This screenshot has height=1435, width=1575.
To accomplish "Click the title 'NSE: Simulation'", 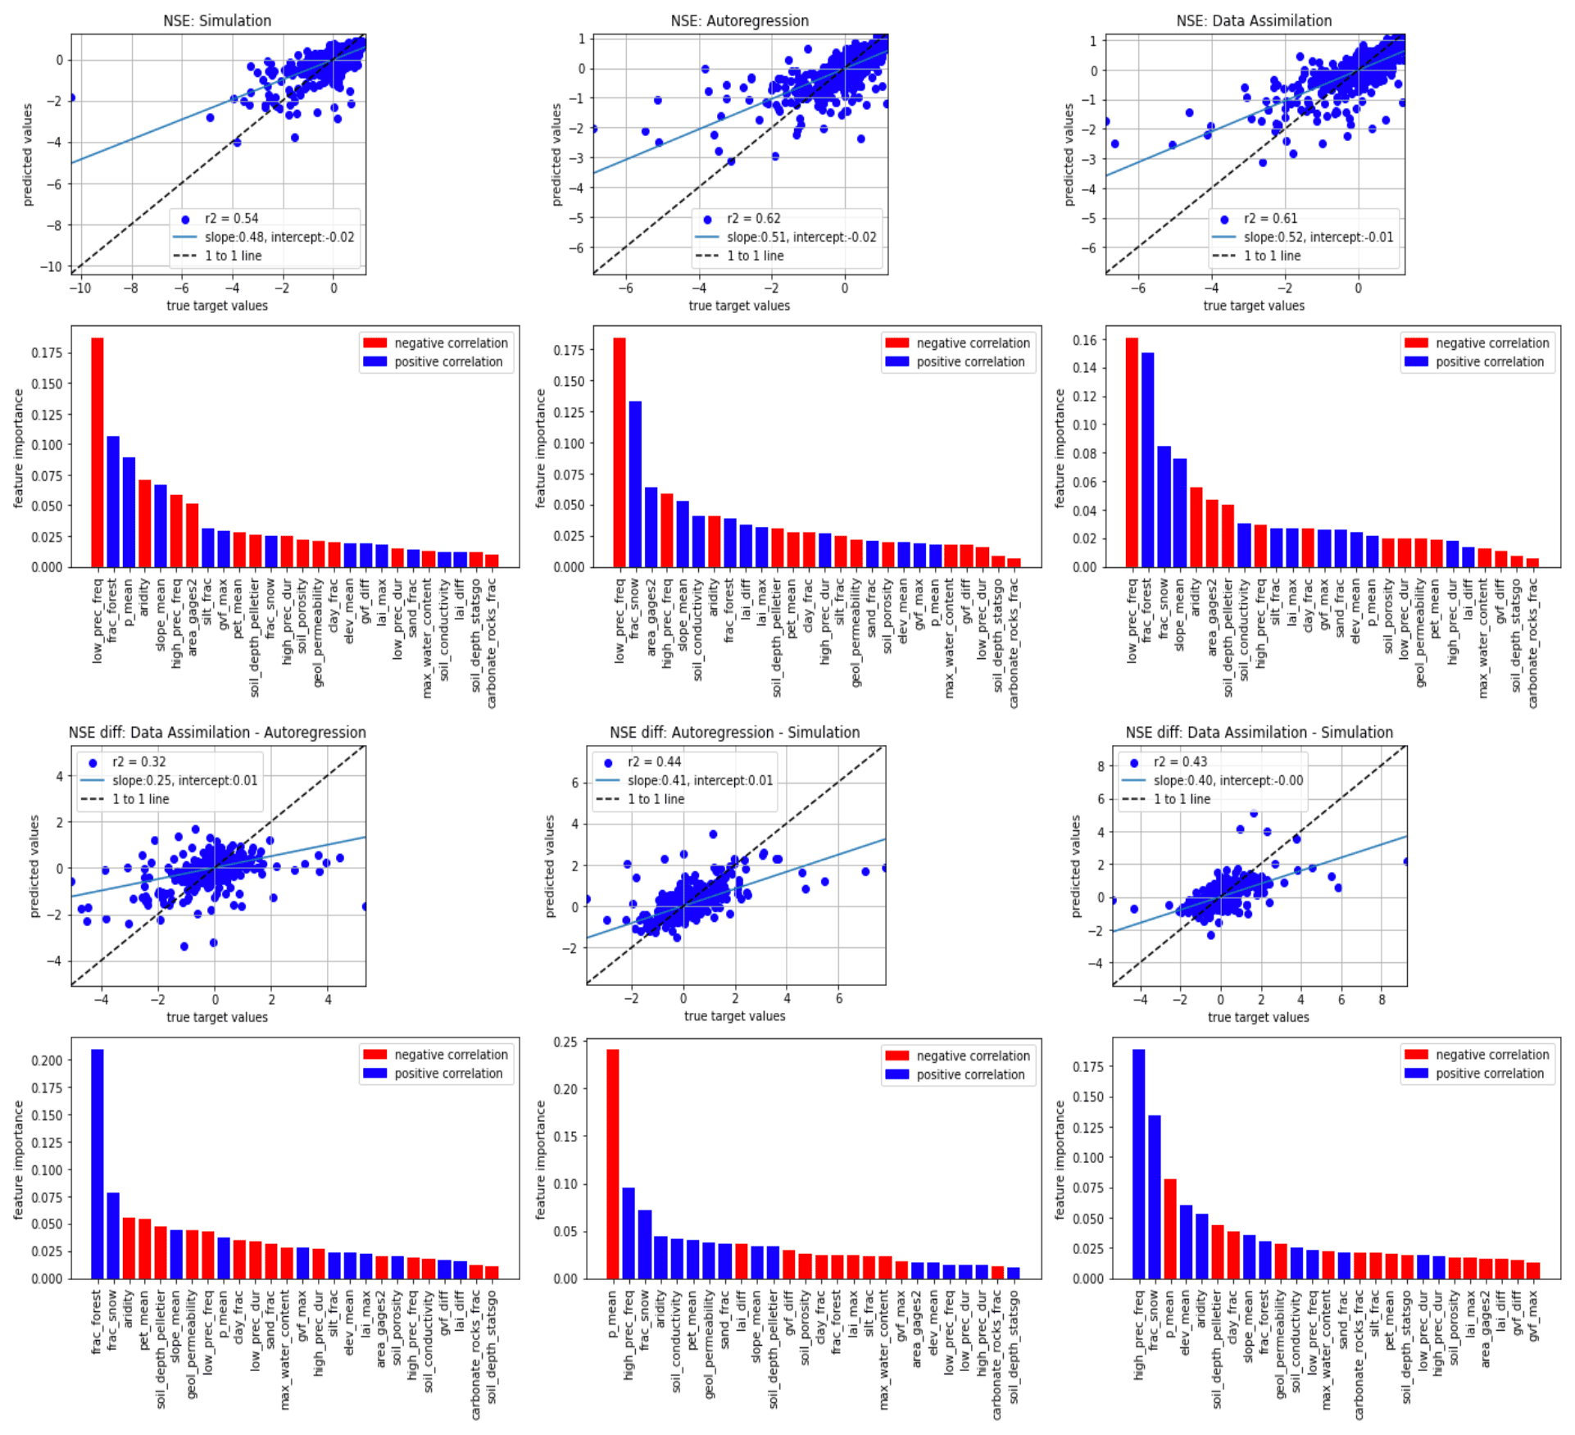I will [217, 20].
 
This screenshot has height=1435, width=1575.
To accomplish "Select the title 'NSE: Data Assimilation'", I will [1254, 20].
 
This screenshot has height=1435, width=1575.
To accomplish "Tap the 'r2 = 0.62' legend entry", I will [753, 219].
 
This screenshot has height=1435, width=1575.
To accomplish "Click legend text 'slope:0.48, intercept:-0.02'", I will [279, 238].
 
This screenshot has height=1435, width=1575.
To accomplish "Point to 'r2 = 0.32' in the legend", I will [138, 762].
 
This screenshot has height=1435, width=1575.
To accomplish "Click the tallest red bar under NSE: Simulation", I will [98, 451].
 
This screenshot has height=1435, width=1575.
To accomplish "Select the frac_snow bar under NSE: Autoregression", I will [635, 484].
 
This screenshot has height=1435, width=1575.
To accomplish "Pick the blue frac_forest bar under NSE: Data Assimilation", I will [1147, 459].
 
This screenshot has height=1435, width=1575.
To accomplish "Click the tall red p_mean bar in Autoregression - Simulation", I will [613, 1163].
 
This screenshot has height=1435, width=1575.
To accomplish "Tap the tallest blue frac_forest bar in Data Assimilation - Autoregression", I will [98, 1163].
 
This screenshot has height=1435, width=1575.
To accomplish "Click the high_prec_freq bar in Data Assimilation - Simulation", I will [1138, 1163].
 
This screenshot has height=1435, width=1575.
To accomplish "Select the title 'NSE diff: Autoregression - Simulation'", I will [734, 733].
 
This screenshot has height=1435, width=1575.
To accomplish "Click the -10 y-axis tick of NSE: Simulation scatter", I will [51, 266].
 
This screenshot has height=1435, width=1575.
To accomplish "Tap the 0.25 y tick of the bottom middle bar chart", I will [566, 1042].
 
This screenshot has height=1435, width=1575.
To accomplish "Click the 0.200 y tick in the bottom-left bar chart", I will [47, 1060].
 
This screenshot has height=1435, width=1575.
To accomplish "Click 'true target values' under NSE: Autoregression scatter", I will [739, 306].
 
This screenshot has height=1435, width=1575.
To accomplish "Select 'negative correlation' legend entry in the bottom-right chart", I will [1491, 1055].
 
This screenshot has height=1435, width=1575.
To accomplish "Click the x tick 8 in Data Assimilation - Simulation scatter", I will [1382, 1000].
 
